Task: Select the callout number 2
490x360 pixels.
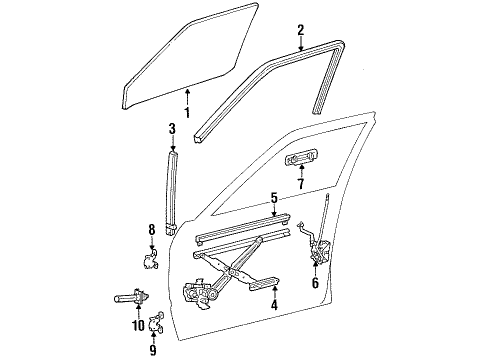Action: coord(301,32)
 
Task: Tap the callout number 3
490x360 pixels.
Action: coord(172,129)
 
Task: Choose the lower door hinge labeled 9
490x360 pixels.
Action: coord(157,323)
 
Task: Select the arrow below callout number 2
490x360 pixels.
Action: coord(301,48)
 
